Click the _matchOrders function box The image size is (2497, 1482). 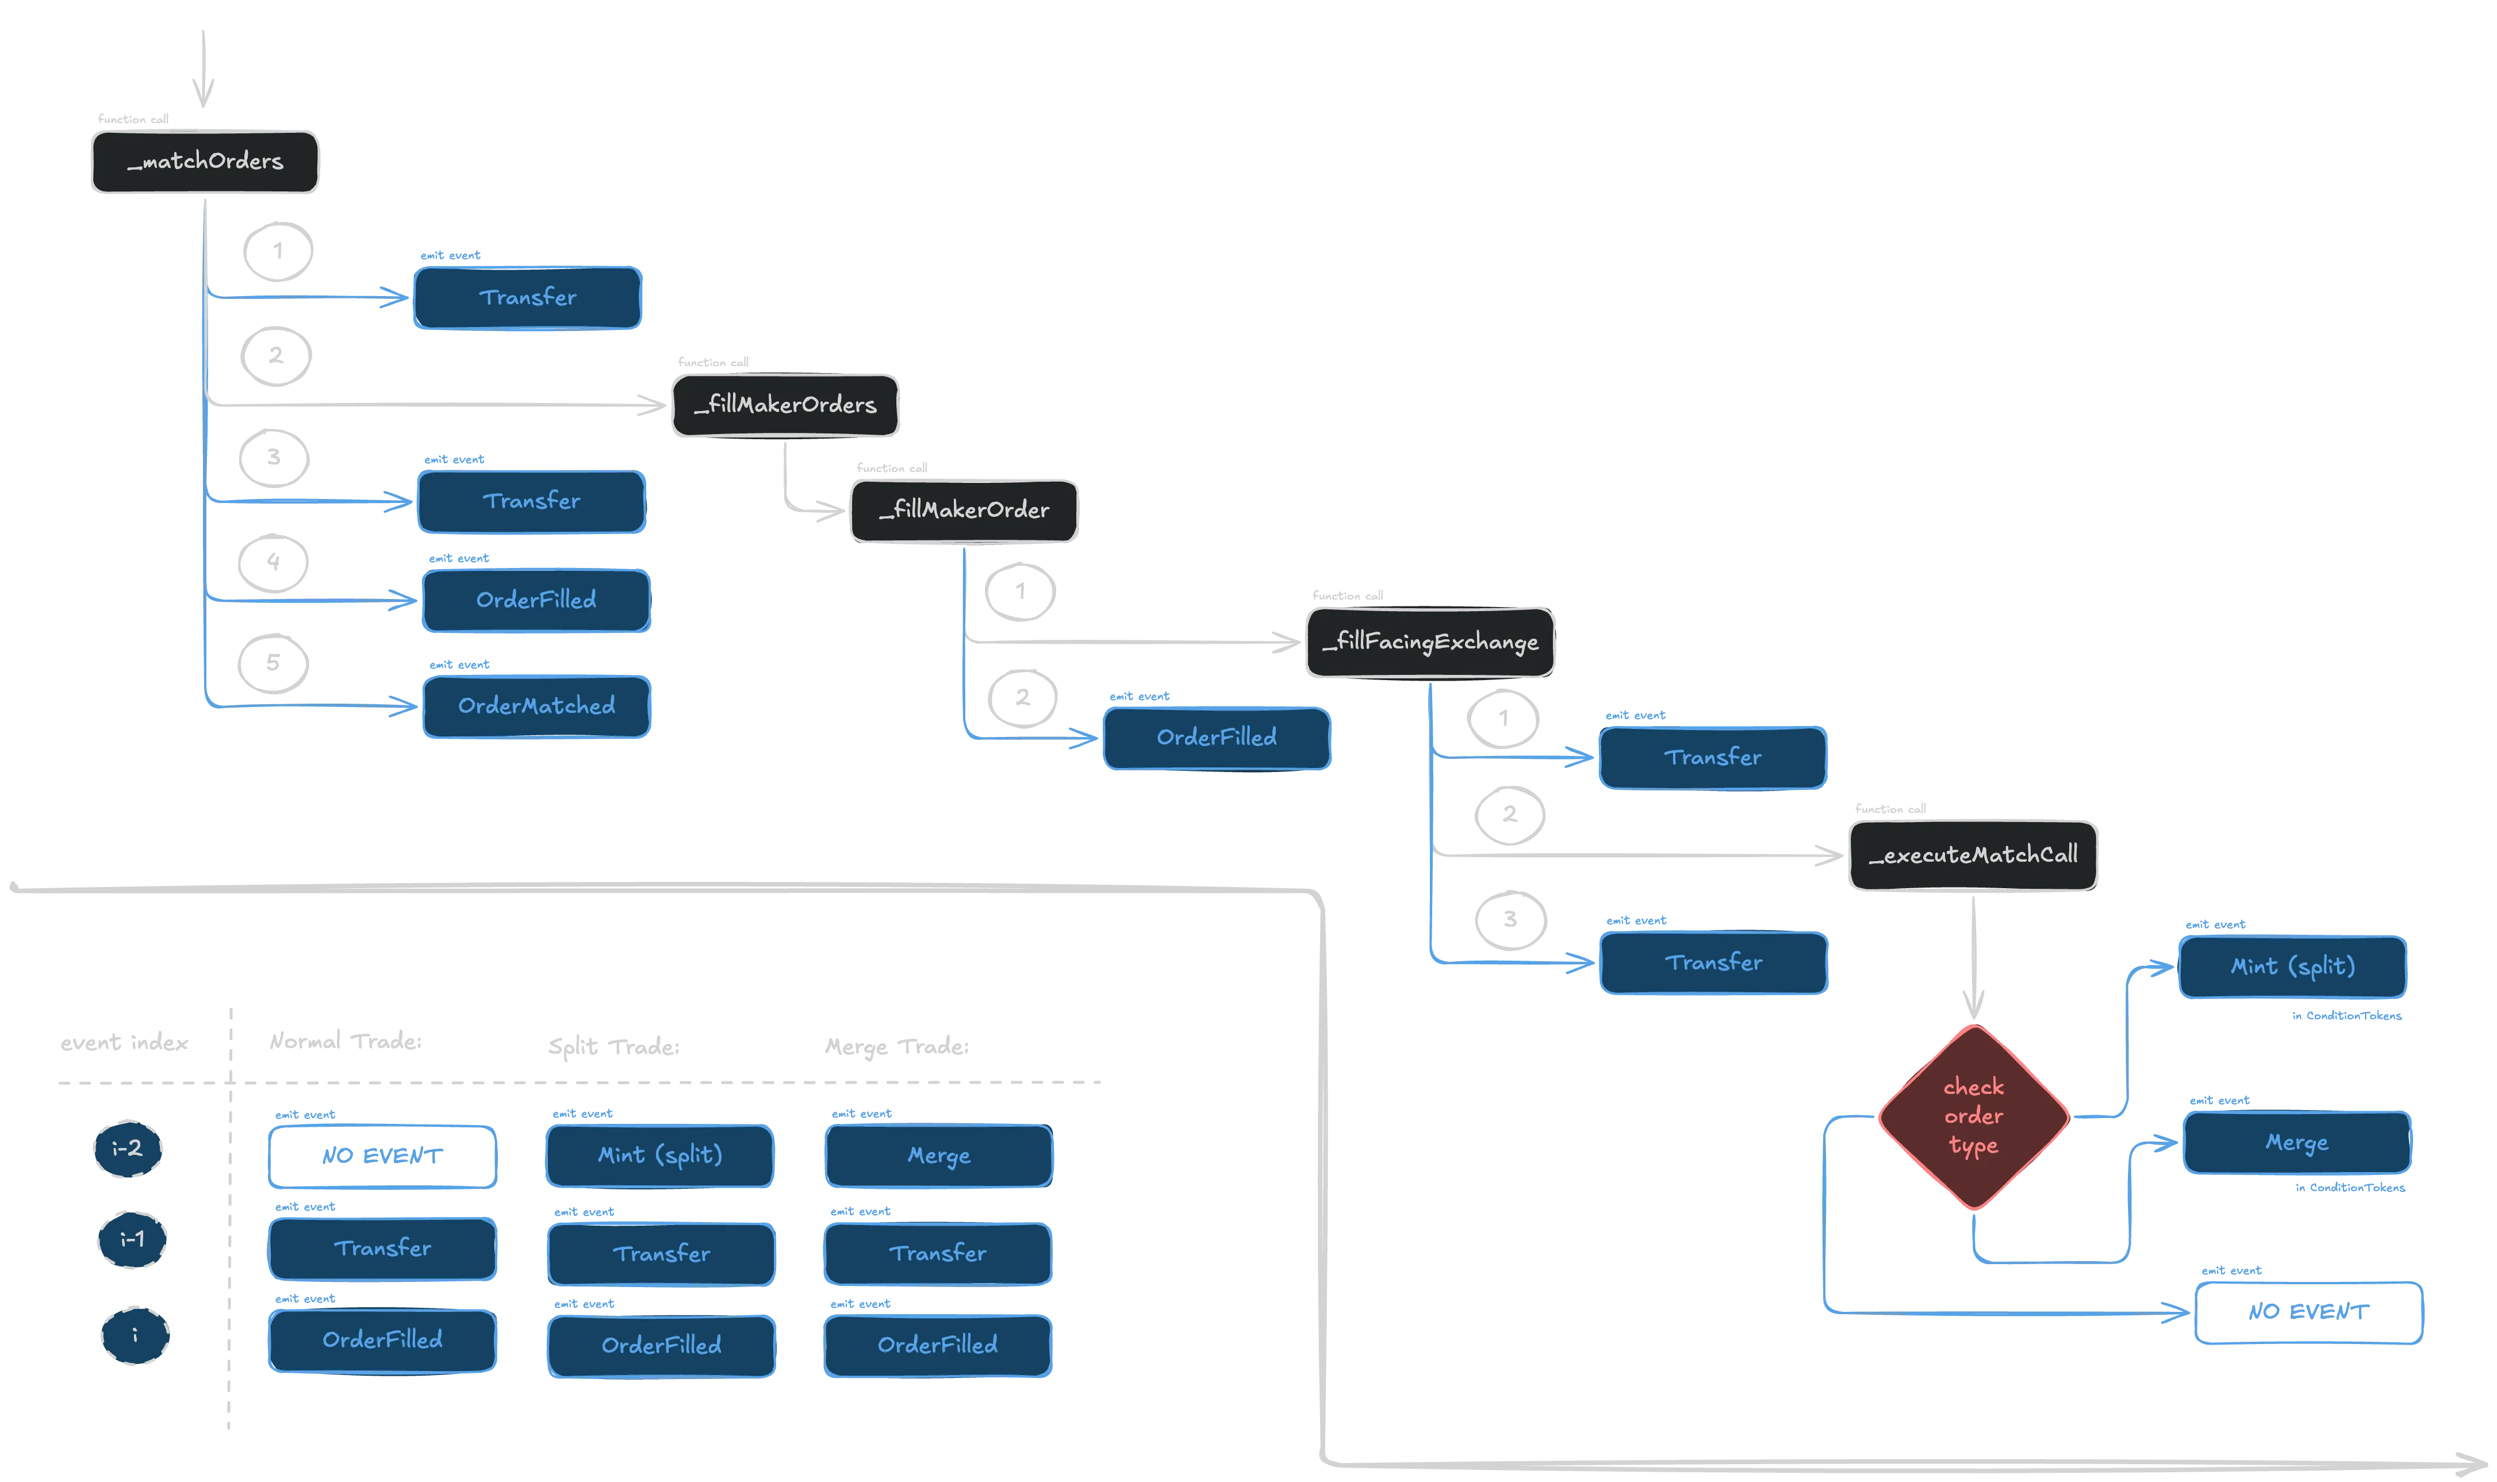click(205, 162)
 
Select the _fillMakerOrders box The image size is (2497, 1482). click(785, 405)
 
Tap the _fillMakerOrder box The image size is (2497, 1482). click(964, 511)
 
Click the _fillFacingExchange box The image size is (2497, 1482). click(1430, 642)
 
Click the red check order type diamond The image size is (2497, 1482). click(1974, 1116)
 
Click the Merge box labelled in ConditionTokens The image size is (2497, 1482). click(2297, 1142)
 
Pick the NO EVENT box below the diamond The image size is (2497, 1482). click(2308, 1312)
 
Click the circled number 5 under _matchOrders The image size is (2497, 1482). click(273, 663)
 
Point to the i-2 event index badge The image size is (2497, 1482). click(128, 1149)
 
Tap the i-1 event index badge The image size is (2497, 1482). click(132, 1239)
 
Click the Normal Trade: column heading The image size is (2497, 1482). click(346, 1042)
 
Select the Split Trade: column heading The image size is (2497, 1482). click(613, 1047)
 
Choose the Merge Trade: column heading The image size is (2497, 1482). click(897, 1047)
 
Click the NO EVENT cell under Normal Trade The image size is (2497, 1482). click(382, 1157)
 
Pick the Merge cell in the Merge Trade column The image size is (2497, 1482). click(939, 1155)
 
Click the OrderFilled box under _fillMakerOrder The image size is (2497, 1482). click(1217, 738)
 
